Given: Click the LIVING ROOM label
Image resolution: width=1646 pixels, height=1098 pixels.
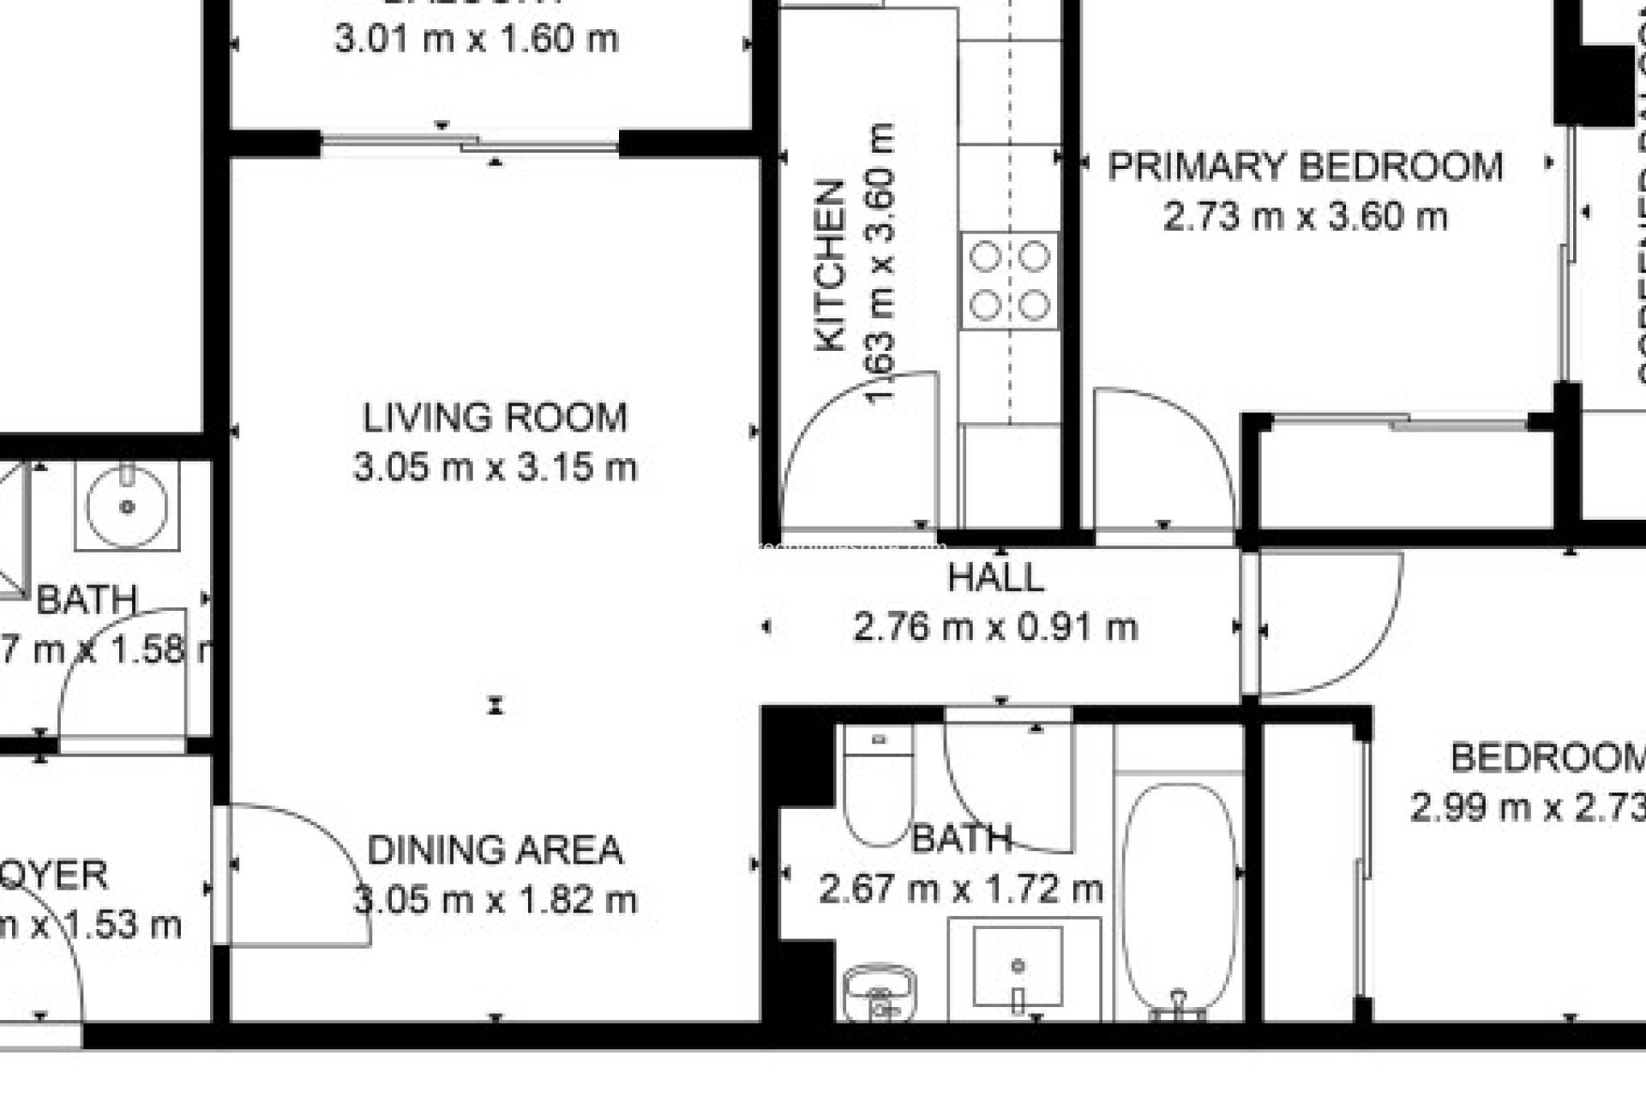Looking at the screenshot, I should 495,418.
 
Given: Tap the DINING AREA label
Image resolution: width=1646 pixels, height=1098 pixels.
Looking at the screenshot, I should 495,850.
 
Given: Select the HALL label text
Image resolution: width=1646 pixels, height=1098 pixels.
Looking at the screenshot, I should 996,577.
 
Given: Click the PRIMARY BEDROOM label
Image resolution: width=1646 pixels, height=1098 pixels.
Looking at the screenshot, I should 1305,166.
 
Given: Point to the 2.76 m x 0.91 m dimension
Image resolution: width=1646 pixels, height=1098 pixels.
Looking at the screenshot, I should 996,628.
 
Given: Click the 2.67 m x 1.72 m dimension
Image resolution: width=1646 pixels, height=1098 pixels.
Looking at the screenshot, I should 960,889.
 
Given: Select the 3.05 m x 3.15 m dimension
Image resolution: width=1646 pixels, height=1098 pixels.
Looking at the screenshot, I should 495,468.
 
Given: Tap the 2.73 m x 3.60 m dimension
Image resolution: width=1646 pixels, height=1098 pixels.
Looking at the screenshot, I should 1305,216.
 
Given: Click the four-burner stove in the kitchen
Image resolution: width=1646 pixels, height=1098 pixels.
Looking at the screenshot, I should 1010,281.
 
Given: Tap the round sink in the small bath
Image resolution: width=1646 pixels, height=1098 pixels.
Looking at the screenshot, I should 127,506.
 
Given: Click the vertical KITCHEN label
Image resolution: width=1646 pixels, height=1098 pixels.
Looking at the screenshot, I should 830,266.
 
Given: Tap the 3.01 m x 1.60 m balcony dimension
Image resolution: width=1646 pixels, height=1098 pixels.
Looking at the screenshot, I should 476,39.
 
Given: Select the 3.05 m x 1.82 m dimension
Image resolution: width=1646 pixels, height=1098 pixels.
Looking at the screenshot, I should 495,901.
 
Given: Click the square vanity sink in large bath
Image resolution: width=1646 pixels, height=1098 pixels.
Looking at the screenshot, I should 1018,967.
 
